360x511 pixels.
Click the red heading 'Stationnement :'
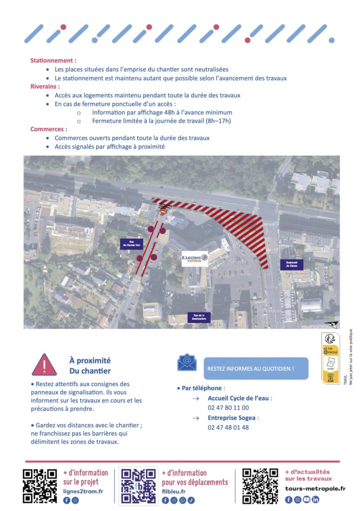coord(53,60)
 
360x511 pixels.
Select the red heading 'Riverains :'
coord(46,86)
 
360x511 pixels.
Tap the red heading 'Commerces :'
coord(49,129)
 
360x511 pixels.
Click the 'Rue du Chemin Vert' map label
coord(132,244)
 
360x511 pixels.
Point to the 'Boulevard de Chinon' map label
coord(292,264)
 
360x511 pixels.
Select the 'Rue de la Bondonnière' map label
coord(199,317)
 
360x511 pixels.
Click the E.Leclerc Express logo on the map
coord(194,259)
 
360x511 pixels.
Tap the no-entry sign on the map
coord(163,212)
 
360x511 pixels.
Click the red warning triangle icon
coord(44,365)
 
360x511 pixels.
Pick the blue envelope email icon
coord(187,362)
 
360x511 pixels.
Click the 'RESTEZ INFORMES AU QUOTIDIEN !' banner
coord(256,368)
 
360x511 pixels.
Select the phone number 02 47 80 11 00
coord(228,408)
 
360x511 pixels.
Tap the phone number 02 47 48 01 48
coord(228,427)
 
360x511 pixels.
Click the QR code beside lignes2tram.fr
coord(40,486)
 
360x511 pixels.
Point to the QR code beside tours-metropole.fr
coord(260,486)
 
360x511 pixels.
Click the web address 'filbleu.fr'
coord(174,492)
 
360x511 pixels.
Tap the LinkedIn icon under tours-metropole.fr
coord(315,500)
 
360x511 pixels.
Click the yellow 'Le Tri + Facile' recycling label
coord(331,358)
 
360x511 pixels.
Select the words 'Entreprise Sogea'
coord(233,418)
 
